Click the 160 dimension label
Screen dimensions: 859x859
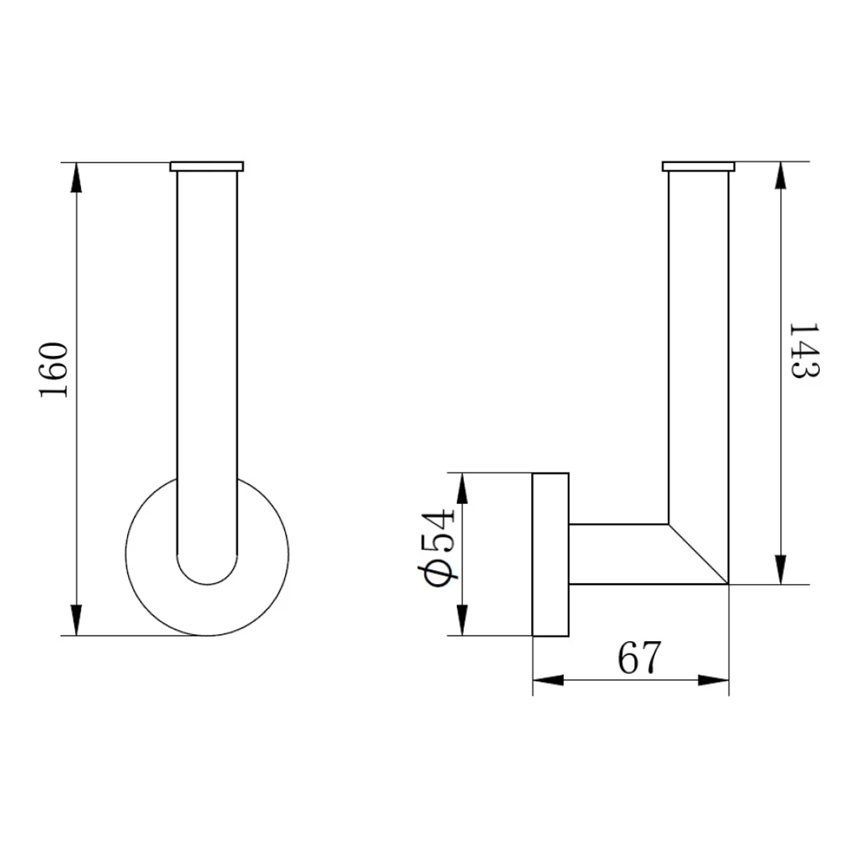click(x=53, y=370)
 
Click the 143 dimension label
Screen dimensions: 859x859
click(x=804, y=351)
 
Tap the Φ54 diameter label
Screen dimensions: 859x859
click(x=439, y=548)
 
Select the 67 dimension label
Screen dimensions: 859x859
click(x=640, y=657)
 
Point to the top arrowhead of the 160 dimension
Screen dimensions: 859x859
click(x=77, y=177)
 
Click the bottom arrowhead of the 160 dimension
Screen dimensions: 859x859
click(x=77, y=620)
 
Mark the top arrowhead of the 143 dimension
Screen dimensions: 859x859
click(x=781, y=176)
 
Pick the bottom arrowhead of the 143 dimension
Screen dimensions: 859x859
click(x=781, y=569)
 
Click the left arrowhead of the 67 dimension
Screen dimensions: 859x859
click(x=548, y=680)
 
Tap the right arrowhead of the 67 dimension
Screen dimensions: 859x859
click(x=713, y=680)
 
